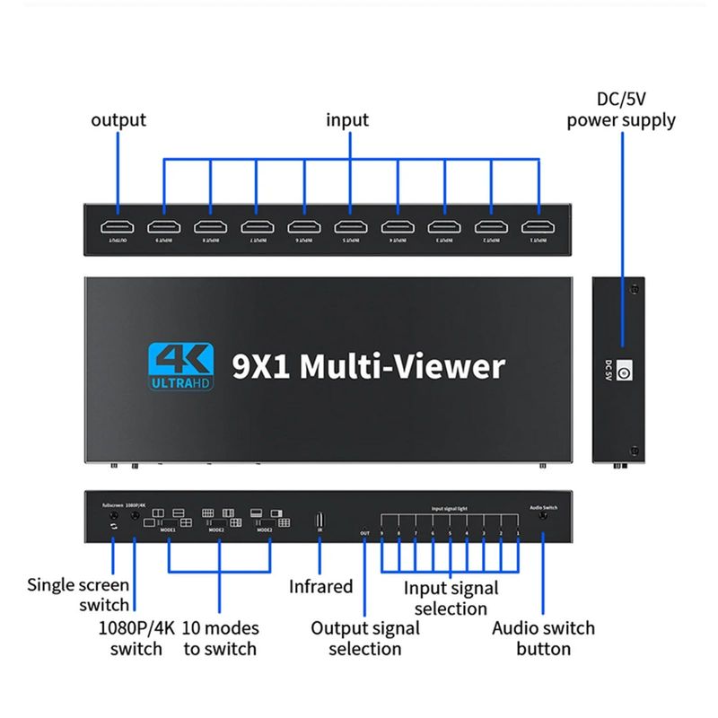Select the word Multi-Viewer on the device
pyautogui.click(x=402, y=365)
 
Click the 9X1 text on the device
pyautogui.click(x=260, y=365)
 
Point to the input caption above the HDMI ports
pyautogui.click(x=347, y=119)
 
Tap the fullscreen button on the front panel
pyautogui.click(x=113, y=518)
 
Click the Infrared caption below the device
pyautogui.click(x=320, y=587)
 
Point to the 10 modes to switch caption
pyautogui.click(x=220, y=637)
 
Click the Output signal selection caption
pyautogui.click(x=364, y=637)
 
